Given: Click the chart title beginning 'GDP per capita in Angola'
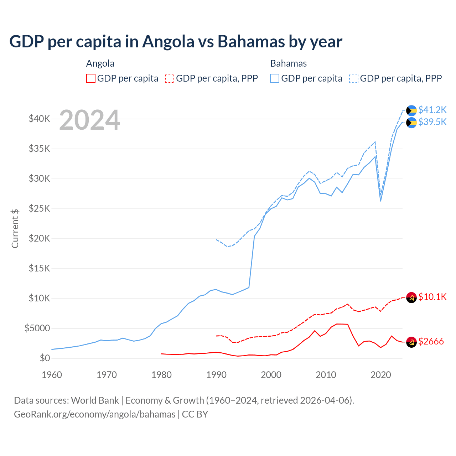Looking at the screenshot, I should (x=176, y=42).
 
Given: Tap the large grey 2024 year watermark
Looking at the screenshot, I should (x=89, y=120).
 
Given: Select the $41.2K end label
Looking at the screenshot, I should (x=432, y=110).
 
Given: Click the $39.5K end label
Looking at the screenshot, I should (x=432, y=122).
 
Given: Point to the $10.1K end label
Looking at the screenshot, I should (x=432, y=297).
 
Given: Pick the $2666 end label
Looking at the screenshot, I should (x=431, y=342).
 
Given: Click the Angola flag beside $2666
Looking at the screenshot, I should (x=411, y=342).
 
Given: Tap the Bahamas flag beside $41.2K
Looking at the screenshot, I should (x=411, y=110).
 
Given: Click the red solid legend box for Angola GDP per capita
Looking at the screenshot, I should (x=91, y=78).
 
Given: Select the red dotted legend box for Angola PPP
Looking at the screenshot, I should (x=170, y=78).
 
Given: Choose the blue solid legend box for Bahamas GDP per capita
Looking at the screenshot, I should (x=275, y=78).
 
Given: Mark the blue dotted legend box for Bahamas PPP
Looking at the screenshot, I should (x=354, y=78).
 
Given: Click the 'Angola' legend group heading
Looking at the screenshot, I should (x=100, y=64).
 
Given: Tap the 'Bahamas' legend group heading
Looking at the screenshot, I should (x=288, y=64).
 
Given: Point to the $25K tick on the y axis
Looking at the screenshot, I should (x=39, y=209).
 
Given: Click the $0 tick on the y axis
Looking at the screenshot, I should (x=45, y=358).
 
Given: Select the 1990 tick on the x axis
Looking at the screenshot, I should (x=216, y=375).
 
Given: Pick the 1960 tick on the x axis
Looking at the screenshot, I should (x=52, y=375).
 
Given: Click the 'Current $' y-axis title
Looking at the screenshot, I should (x=15, y=229).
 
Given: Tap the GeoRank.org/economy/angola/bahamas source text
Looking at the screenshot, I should (x=94, y=414).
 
